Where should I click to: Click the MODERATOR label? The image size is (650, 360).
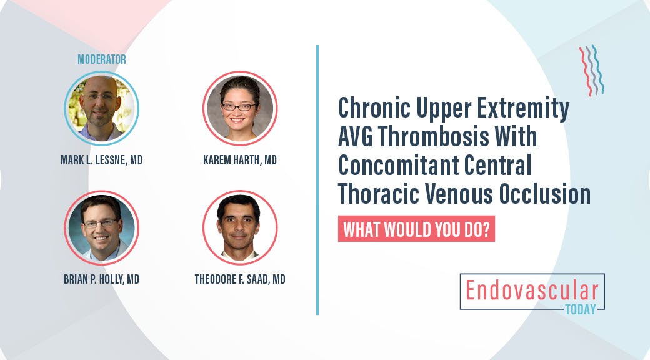click(102, 59)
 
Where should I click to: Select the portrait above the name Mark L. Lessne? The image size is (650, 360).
click(102, 108)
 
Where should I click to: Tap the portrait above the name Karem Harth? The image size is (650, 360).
click(239, 108)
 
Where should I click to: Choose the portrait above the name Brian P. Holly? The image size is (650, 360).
click(102, 227)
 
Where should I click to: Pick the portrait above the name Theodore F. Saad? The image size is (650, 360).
click(239, 227)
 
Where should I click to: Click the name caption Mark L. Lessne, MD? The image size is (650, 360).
click(102, 161)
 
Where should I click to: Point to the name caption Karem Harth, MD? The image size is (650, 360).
click(240, 161)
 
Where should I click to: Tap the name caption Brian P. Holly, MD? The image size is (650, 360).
click(102, 279)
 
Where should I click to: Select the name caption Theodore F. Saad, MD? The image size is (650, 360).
click(240, 279)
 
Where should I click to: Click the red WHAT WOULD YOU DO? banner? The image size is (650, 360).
click(416, 229)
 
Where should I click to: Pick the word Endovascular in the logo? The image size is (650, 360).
click(532, 290)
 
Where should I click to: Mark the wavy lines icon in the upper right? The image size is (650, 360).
click(591, 70)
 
